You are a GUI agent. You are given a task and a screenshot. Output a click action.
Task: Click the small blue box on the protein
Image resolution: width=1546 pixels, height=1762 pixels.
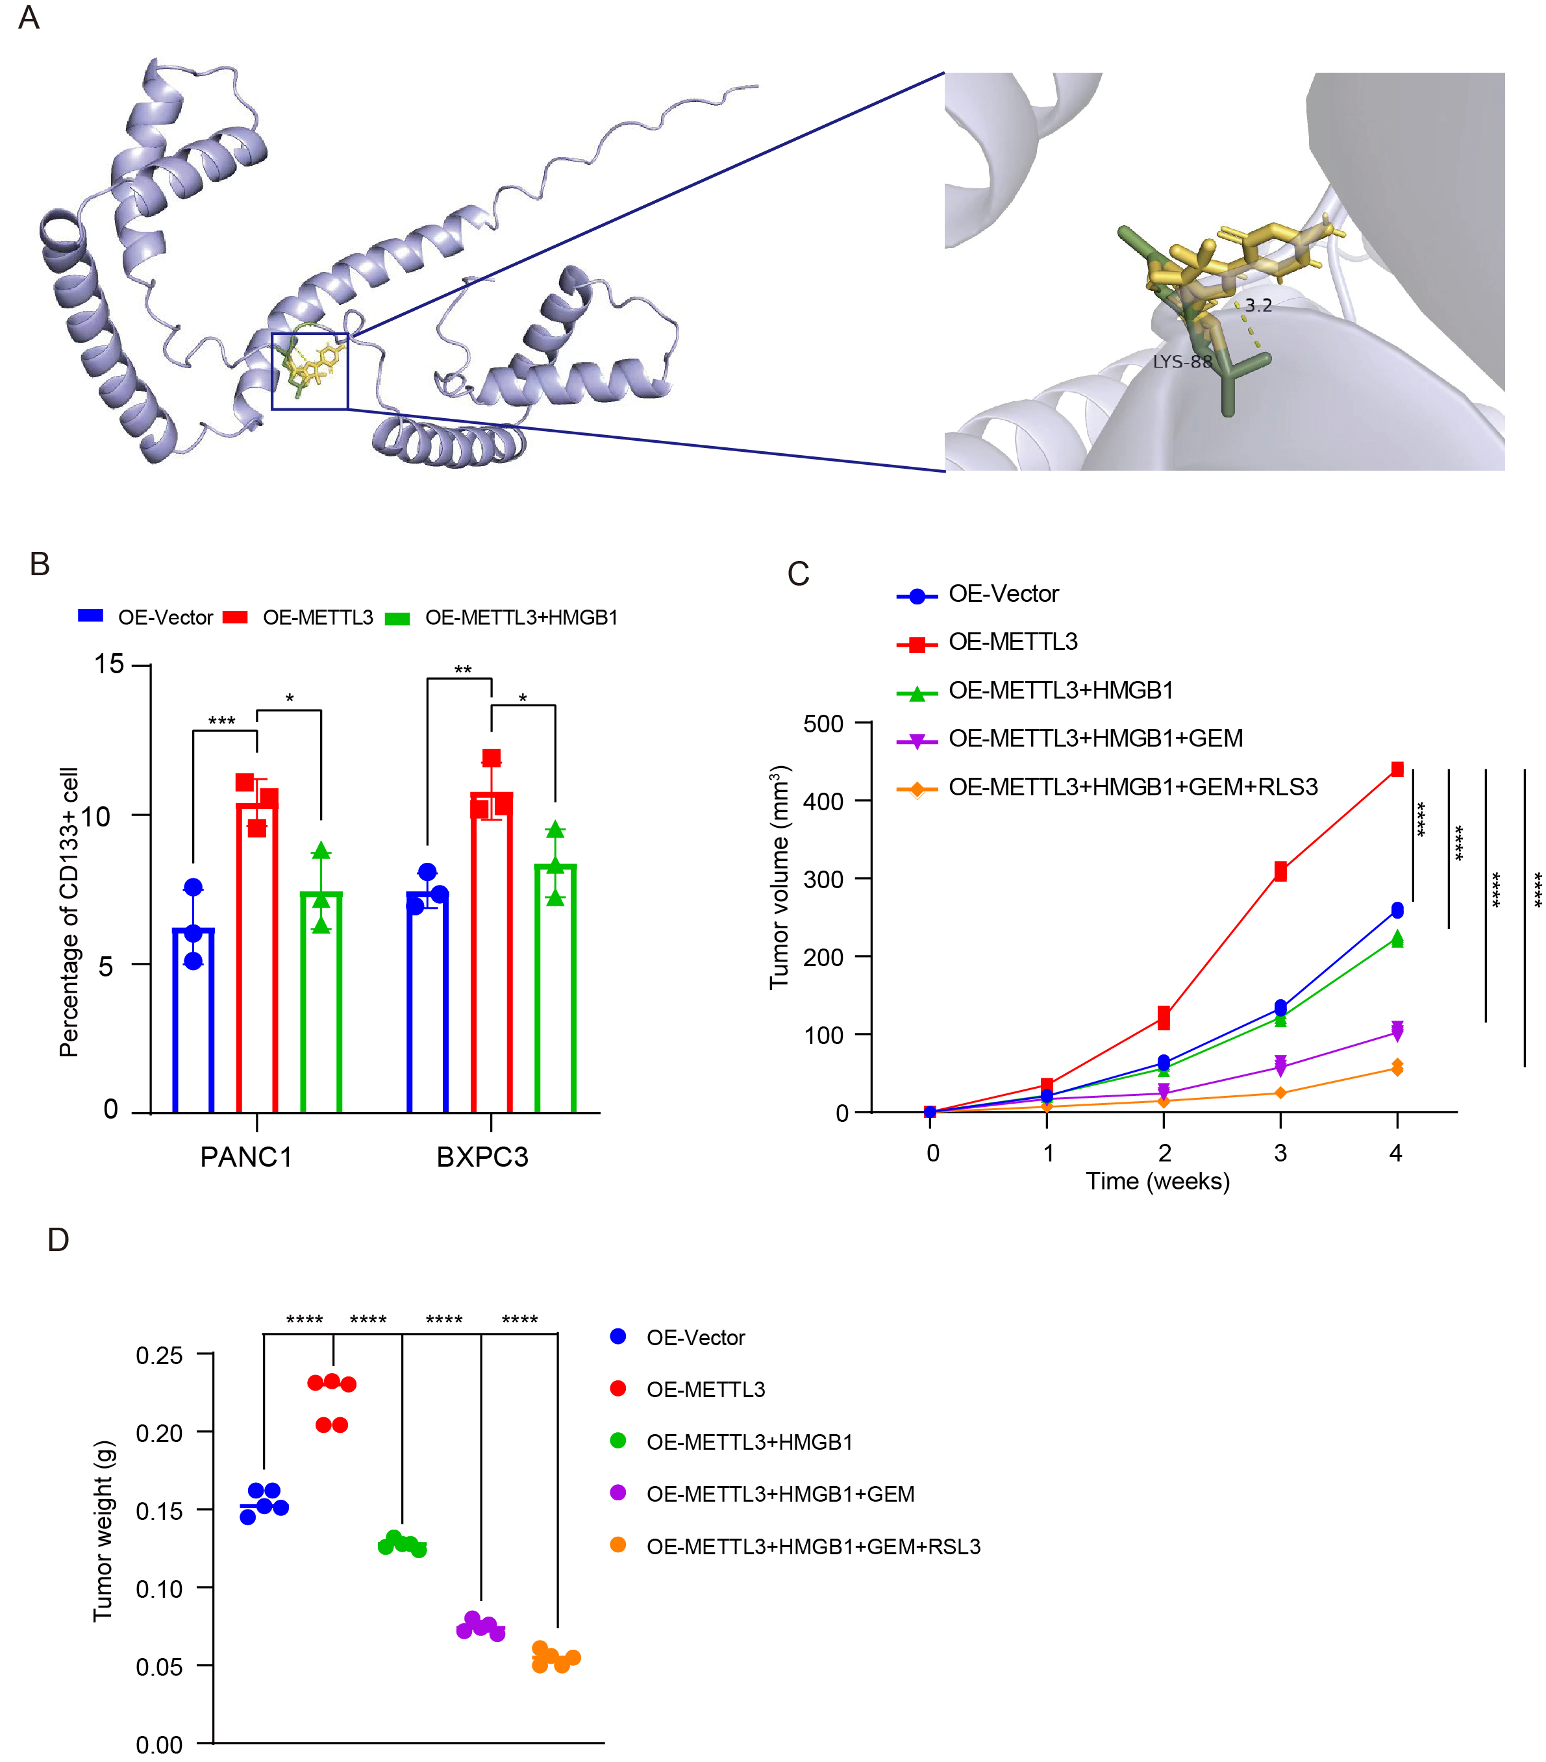tap(310, 371)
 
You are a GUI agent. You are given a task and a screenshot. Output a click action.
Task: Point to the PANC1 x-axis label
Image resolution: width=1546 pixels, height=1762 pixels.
tap(247, 1156)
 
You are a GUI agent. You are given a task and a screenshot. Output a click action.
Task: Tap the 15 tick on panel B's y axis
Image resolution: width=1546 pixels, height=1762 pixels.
tap(110, 664)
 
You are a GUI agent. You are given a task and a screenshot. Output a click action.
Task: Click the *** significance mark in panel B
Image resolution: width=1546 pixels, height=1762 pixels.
tap(221, 721)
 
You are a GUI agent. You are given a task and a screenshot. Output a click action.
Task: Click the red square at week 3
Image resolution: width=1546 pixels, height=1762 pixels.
tap(1280, 871)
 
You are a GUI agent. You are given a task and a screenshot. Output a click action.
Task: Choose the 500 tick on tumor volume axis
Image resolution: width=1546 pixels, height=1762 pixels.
tap(823, 723)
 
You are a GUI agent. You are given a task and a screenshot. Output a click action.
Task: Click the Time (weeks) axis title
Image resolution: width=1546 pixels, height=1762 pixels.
tap(1157, 1181)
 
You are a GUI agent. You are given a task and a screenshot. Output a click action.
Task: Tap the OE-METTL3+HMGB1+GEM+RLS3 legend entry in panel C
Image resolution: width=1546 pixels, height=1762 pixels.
tap(1132, 787)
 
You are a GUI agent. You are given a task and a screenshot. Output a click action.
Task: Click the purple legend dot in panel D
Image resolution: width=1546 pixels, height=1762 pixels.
tap(617, 1492)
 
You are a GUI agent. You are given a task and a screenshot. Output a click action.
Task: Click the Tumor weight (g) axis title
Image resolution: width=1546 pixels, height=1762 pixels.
tap(103, 1530)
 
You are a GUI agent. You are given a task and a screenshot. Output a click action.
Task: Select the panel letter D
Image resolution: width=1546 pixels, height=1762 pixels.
tap(58, 1239)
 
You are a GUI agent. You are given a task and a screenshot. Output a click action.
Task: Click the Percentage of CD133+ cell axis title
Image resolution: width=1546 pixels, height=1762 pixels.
tap(69, 912)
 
